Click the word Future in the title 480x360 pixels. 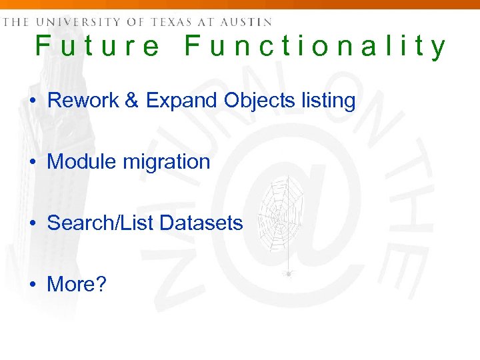pos(97,46)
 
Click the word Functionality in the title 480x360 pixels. pos(315,46)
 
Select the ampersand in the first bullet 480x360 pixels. pos(132,101)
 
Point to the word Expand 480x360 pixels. pos(182,101)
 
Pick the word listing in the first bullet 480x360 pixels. pos(327,101)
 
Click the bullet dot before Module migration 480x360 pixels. pos(33,162)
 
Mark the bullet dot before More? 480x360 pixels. pos(33,285)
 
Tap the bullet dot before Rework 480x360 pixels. pos(33,101)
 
